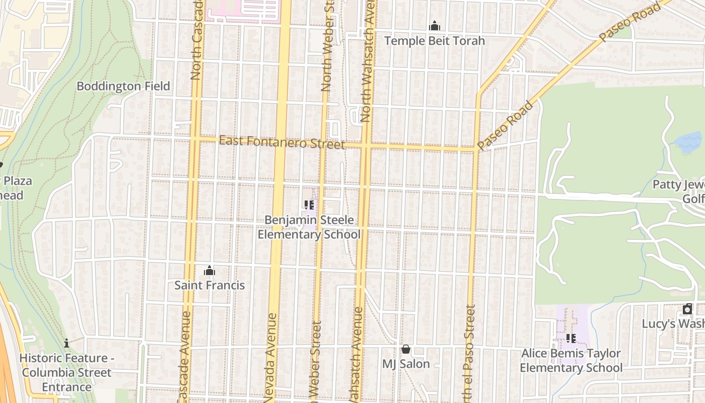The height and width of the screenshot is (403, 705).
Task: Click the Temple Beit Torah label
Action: [x=434, y=41]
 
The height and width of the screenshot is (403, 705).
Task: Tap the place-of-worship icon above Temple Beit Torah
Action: [x=434, y=26]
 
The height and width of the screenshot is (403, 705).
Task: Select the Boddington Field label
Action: [x=123, y=86]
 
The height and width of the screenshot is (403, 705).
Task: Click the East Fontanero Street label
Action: [x=282, y=142]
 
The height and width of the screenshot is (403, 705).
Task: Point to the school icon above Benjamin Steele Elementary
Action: [x=309, y=205]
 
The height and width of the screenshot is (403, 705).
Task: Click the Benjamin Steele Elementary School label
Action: [x=309, y=227]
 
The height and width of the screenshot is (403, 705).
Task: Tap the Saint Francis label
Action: [x=209, y=285]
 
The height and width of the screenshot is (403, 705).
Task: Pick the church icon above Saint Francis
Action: [x=209, y=271]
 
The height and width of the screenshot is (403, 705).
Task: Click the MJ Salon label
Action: [x=406, y=364]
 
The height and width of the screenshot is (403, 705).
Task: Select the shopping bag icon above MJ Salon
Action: [x=406, y=349]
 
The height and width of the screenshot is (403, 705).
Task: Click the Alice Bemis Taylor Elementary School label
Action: [x=571, y=360]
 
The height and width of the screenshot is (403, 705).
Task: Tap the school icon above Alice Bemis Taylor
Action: [x=571, y=339]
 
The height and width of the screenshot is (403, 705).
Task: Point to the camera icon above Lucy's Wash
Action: [x=687, y=309]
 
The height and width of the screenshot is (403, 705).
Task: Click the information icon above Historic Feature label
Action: [x=66, y=343]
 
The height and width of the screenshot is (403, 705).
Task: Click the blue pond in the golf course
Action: [x=689, y=142]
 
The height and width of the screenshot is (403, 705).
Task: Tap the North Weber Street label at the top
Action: [x=328, y=45]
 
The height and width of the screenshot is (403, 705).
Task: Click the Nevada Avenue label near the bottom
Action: [x=271, y=353]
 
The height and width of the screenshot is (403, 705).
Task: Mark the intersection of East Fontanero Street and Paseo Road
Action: [x=477, y=149]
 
